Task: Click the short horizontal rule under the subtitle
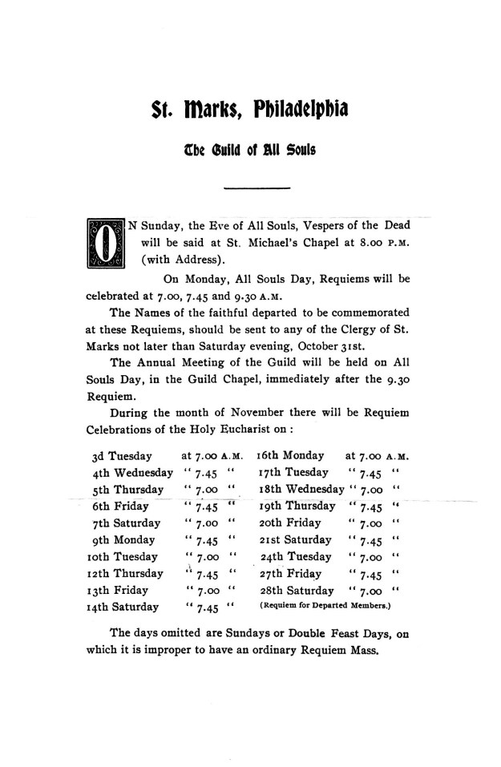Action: pos(256,188)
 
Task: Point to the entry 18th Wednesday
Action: pos(301,489)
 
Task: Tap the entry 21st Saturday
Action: pos(295,539)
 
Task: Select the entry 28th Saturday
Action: pos(297,590)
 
